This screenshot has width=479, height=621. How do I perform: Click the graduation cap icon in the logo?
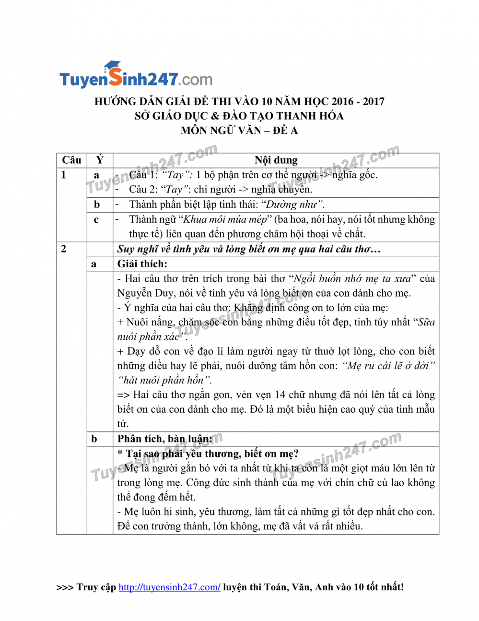click(x=113, y=65)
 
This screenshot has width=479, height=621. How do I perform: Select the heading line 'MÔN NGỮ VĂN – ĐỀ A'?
click(x=239, y=131)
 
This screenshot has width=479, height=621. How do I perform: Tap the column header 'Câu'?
click(x=71, y=160)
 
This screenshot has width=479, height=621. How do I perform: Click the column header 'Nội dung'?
click(x=276, y=160)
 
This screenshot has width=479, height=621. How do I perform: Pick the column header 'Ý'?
click(x=100, y=160)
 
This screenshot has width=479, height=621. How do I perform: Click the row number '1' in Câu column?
click(x=63, y=175)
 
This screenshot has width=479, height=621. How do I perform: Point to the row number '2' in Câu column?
click(x=63, y=249)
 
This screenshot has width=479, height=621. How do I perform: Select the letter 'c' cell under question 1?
click(x=96, y=220)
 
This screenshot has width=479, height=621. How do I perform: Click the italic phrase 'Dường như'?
click(x=294, y=205)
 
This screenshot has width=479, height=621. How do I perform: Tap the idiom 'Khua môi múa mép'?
click(x=225, y=220)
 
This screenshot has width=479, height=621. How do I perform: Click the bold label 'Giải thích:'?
click(x=142, y=264)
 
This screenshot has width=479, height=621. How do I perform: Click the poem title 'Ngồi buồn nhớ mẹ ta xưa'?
click(x=352, y=279)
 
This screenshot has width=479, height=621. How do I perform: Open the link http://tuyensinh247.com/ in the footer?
click(x=169, y=587)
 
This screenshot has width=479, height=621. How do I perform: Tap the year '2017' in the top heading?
click(x=374, y=102)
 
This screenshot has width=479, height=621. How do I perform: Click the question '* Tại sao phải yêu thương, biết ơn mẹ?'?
click(x=208, y=454)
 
